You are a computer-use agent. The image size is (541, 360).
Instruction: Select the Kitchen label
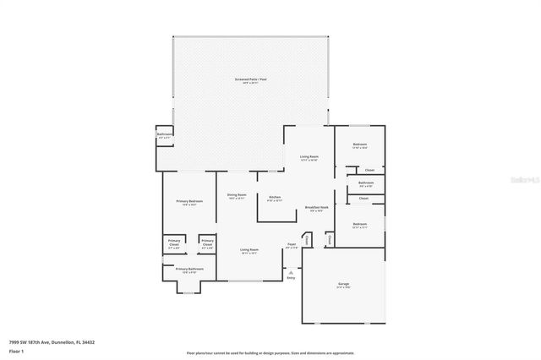[x=274, y=198]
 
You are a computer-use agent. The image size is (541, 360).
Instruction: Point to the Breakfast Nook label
[x=317, y=208]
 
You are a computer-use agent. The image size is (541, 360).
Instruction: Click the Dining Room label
[x=236, y=195]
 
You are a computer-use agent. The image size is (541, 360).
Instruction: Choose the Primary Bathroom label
[x=187, y=270]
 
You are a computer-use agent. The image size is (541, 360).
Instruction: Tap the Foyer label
[x=292, y=246]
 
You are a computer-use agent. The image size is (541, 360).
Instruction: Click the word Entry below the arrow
[x=291, y=278]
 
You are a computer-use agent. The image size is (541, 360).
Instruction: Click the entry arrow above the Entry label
[x=291, y=271]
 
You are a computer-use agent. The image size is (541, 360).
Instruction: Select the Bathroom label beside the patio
[x=165, y=134]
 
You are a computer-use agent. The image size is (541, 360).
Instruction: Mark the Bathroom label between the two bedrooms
[x=366, y=183]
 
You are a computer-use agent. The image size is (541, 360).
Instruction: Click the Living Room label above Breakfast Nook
[x=309, y=156]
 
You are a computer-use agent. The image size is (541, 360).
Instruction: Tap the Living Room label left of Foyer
[x=249, y=249]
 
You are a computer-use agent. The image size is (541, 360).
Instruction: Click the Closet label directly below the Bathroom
[x=363, y=198]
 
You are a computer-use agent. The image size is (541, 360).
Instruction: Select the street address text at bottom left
[x=51, y=341]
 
